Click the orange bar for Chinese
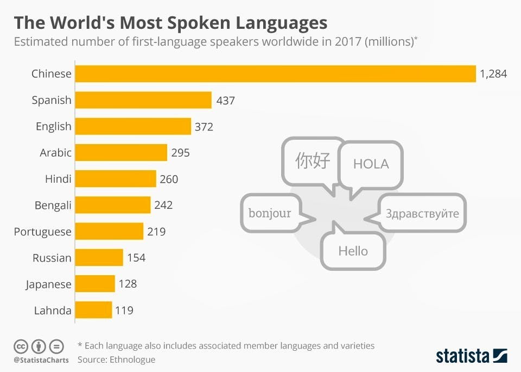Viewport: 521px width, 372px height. [275, 73]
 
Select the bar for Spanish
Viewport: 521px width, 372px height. [143, 100]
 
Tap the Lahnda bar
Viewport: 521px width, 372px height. [93, 311]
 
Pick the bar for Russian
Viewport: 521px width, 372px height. [99, 258]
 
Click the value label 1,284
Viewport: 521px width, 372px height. [493, 73]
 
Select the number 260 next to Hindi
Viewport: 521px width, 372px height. [169, 179]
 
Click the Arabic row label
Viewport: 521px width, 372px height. [55, 153]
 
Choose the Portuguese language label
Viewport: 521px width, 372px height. [42, 232]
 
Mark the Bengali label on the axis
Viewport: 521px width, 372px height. [53, 206]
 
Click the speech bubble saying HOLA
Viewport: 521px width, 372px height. [371, 164]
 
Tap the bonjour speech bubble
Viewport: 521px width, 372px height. [270, 213]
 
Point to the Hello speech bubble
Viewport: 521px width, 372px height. [353, 251]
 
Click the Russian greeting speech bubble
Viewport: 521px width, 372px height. [422, 213]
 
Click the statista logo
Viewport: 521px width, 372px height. [471, 356]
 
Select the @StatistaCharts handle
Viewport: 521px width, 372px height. [41, 360]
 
